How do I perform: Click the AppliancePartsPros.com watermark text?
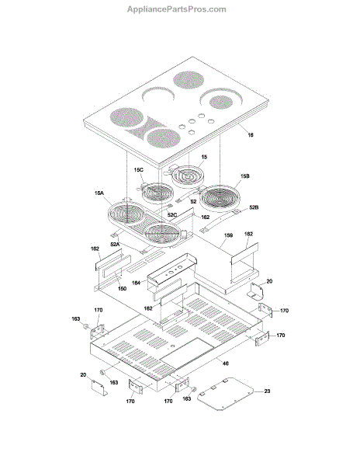177,9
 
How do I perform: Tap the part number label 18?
251,135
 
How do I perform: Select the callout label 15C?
138,169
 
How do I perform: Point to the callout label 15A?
99,193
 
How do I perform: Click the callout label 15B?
244,176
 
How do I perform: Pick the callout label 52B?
254,207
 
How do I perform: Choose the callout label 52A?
115,245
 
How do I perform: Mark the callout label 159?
228,235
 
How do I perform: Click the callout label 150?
122,289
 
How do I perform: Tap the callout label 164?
136,283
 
